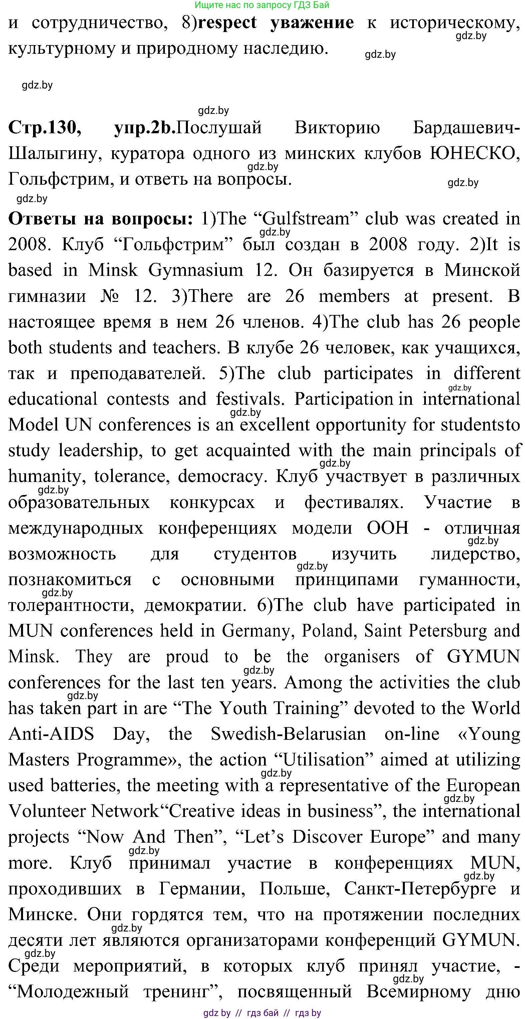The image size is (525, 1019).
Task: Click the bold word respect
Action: (227, 23)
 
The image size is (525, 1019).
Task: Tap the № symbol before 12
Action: (109, 296)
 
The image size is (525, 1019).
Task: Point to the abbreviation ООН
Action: (387, 528)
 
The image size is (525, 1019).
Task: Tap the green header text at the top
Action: (262, 5)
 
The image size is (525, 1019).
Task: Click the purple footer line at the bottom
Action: (262, 1013)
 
